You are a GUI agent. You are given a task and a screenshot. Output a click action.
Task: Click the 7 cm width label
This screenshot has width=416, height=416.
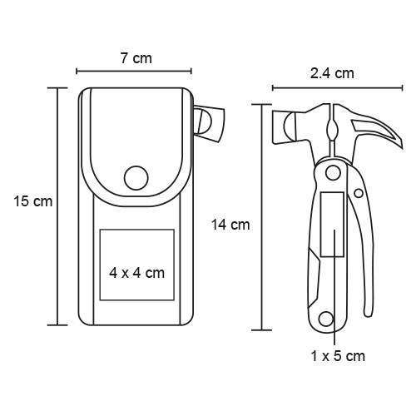coord(136,58)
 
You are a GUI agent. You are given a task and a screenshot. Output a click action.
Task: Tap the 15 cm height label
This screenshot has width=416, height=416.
coord(33,201)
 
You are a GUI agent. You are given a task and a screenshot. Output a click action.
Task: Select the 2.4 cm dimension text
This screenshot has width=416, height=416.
coord(332,73)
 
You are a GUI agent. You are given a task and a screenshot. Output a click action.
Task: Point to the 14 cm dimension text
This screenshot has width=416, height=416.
coord(230,225)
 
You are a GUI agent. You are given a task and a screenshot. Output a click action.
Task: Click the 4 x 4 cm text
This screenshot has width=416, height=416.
coord(137,273)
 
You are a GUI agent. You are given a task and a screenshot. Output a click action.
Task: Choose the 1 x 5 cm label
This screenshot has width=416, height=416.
coord(338,356)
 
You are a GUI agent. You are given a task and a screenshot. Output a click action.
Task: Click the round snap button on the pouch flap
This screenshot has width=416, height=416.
coord(136,178)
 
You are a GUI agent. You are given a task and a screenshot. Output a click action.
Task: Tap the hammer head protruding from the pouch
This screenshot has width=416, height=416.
coord(209,124)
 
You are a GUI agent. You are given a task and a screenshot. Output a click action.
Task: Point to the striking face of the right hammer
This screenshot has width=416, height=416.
coord(278,127)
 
